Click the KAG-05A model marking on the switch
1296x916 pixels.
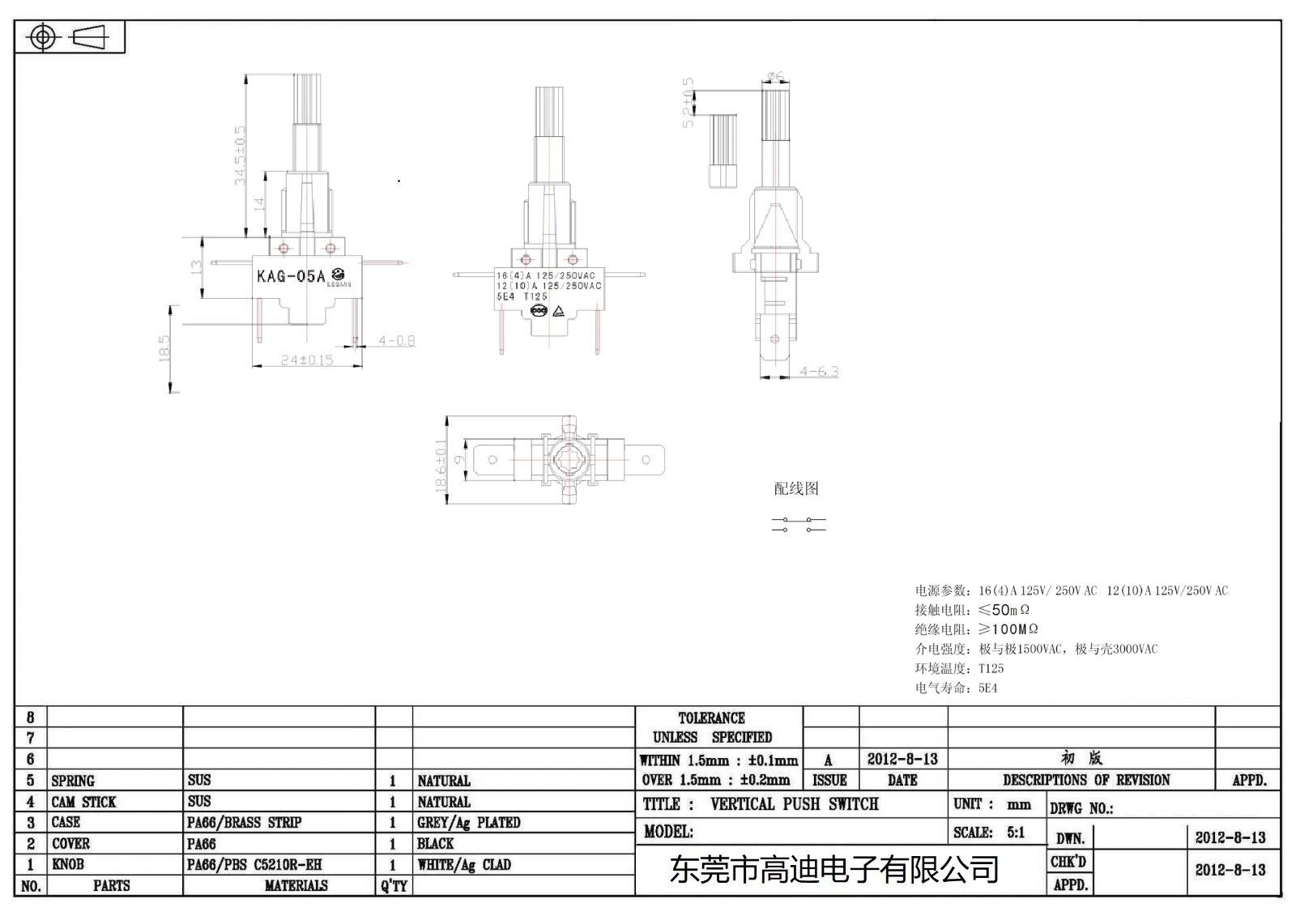coord(292,276)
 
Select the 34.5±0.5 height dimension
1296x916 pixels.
coord(240,155)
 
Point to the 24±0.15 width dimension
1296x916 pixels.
coord(307,360)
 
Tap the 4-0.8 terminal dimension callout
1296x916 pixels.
coord(396,341)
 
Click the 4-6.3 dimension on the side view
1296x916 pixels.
coord(819,372)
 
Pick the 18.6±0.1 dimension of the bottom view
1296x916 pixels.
coord(441,466)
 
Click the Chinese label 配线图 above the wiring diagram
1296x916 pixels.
coord(796,488)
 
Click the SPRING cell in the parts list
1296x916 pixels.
coord(73,781)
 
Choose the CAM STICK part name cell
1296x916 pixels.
coord(83,802)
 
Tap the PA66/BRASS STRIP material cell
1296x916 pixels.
coord(244,822)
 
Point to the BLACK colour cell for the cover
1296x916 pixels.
coord(435,843)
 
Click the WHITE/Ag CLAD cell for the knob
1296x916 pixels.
coord(463,864)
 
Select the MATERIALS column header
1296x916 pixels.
coord(296,885)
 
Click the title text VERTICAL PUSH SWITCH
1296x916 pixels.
coord(794,803)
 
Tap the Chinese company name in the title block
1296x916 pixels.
coord(834,870)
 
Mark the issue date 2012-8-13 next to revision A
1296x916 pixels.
coord(902,759)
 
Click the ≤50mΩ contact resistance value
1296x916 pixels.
coord(1004,610)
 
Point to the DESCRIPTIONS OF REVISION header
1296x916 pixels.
coord(1085,780)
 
